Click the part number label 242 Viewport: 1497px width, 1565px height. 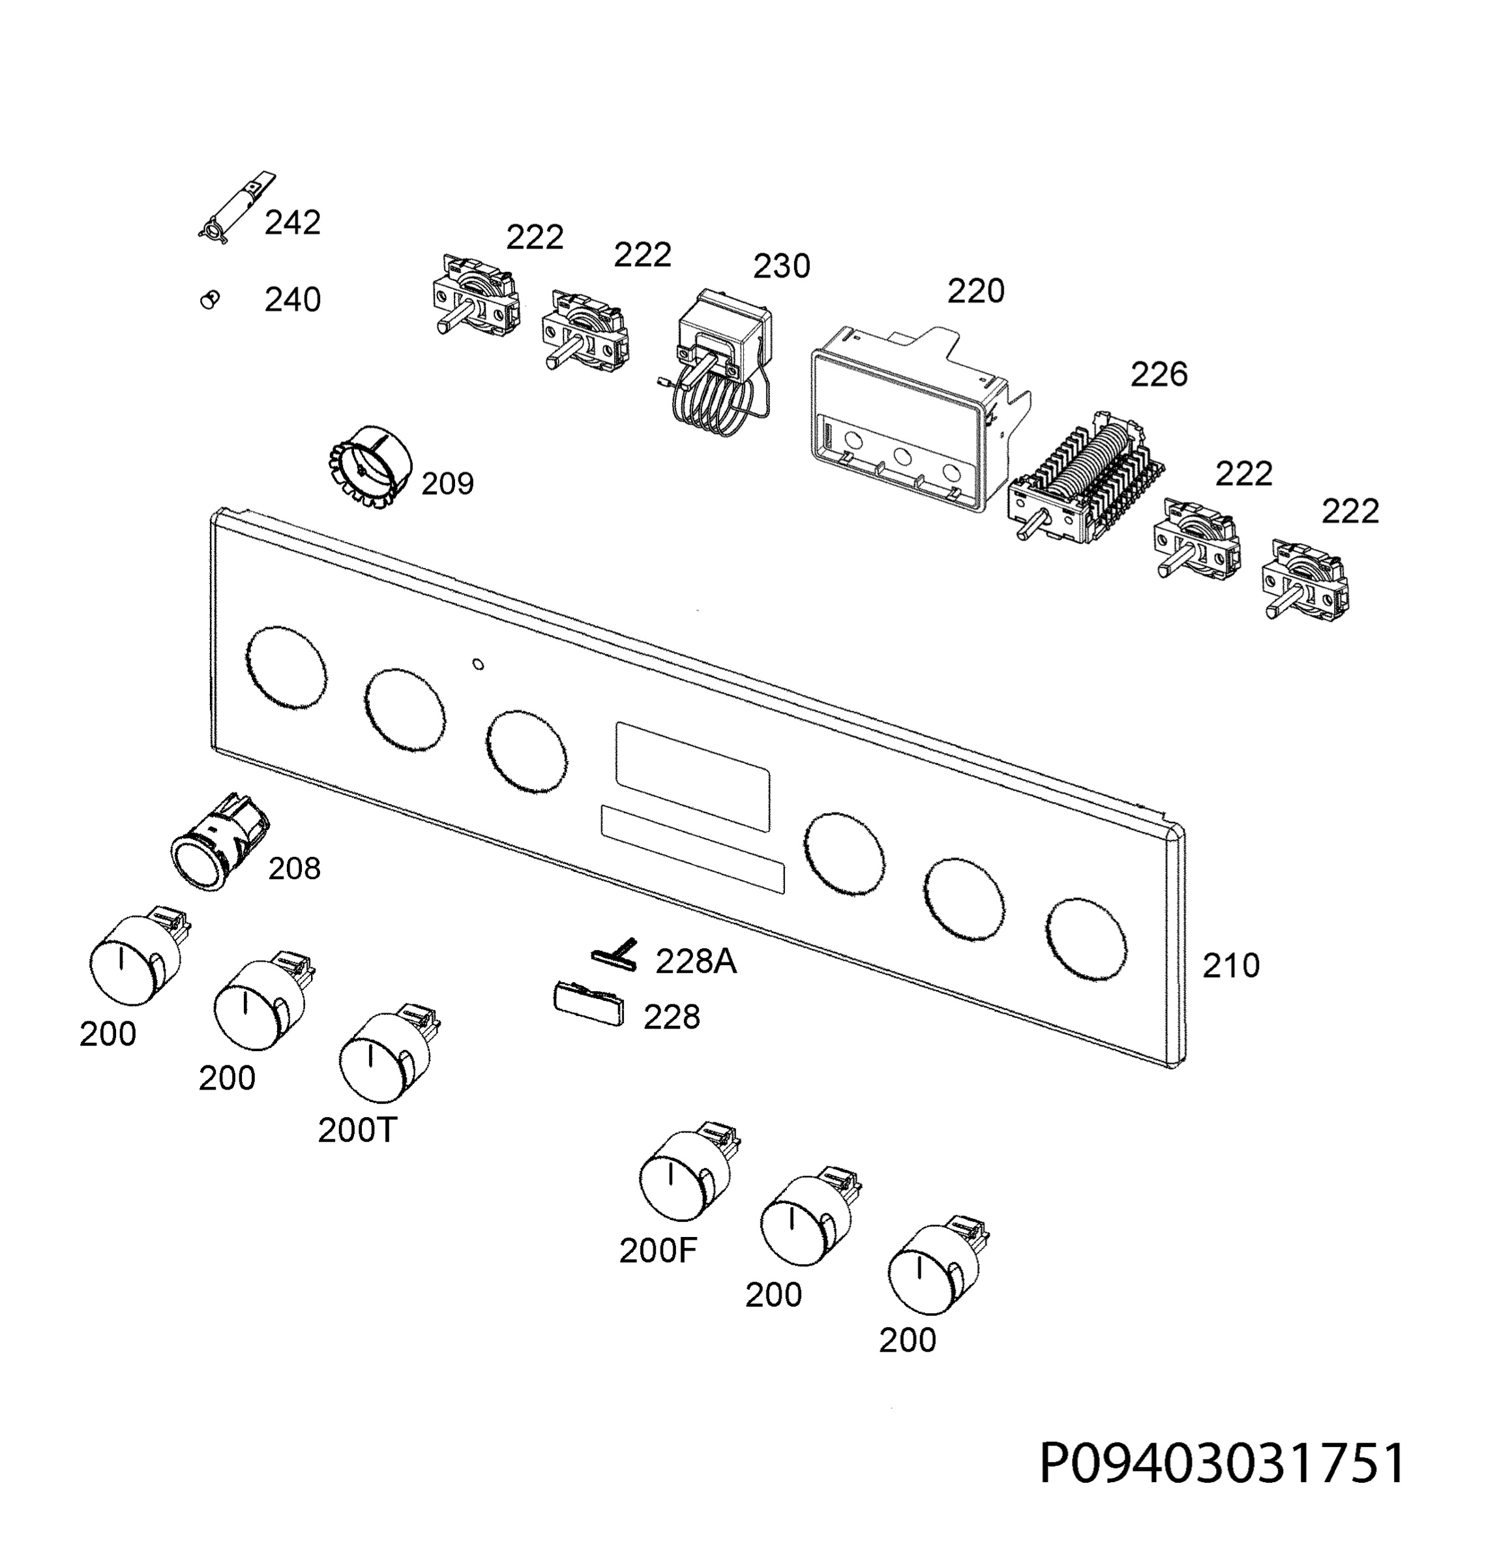click(293, 222)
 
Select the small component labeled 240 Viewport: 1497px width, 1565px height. click(210, 300)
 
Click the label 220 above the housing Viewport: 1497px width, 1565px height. click(975, 291)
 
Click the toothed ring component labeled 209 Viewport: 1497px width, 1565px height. click(368, 468)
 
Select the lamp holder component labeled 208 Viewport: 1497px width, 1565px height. click(220, 842)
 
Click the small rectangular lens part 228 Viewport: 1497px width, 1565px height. click(588, 1005)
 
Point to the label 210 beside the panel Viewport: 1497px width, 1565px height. click(1231, 966)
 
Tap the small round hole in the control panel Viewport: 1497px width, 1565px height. click(477, 664)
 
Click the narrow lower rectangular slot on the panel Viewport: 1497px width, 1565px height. click(692, 849)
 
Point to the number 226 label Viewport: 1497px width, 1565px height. click(1159, 374)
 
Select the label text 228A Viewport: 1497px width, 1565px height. click(696, 962)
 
